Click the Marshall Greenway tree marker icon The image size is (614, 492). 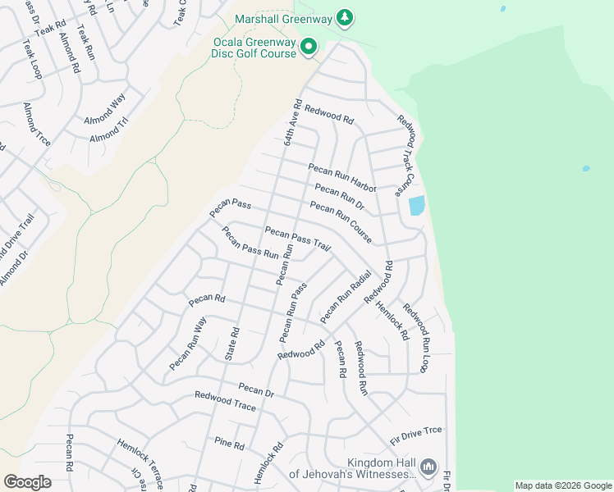346,18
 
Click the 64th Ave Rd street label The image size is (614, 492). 292,124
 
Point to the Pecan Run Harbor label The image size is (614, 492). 341,178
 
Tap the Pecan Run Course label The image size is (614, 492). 341,222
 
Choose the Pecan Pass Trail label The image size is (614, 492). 296,239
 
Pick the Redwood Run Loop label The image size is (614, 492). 416,339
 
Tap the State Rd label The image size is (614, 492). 231,344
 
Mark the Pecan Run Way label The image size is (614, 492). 187,344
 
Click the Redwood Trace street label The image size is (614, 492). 225,401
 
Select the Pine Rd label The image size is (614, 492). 229,445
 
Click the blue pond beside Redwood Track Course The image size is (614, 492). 416,205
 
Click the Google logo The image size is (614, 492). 27,482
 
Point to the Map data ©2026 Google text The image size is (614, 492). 563,485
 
